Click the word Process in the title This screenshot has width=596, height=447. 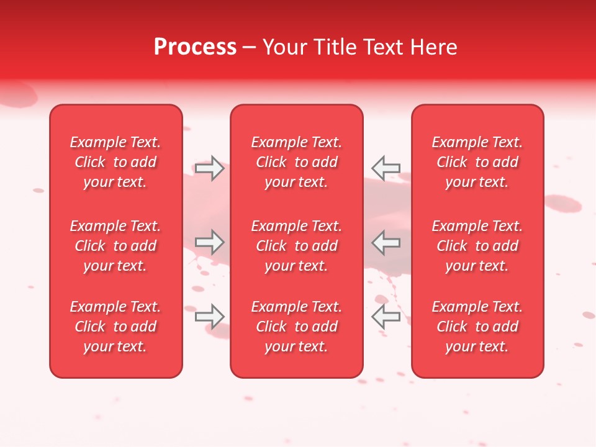195,47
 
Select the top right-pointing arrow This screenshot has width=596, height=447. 209,168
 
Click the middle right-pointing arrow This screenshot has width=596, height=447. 209,242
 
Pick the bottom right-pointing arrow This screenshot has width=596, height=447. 209,316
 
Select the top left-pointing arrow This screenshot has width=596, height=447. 386,168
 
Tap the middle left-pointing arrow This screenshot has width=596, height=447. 386,242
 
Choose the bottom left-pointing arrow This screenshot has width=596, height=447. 386,316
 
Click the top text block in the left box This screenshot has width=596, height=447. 115,162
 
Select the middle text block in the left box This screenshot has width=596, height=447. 115,246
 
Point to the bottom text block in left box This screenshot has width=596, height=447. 115,327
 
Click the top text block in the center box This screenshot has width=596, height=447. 296,162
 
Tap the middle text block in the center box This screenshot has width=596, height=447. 296,246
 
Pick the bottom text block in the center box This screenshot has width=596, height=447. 296,327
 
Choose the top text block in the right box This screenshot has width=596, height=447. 477,162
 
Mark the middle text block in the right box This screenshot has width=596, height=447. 477,246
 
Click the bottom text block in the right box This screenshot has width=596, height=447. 477,327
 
